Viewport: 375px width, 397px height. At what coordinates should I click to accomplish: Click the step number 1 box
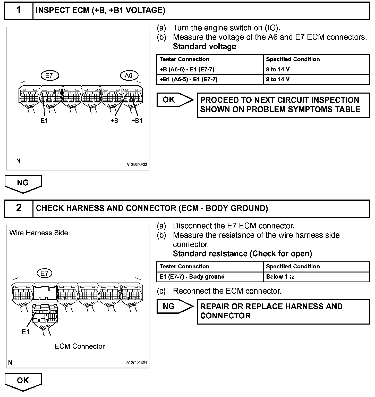click(19, 11)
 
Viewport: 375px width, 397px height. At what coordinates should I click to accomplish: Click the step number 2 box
click(19, 208)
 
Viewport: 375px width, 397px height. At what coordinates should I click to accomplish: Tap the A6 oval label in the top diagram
click(129, 75)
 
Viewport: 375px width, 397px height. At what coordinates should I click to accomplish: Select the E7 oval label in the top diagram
click(50, 75)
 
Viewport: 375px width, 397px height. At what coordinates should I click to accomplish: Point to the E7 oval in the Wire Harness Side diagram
click(44, 273)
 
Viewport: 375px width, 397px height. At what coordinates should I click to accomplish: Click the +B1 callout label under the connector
click(137, 121)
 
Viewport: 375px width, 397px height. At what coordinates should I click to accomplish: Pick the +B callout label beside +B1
click(114, 121)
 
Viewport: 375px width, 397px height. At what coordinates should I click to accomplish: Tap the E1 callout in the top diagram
click(44, 121)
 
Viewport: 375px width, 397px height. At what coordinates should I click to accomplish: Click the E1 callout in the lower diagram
click(25, 332)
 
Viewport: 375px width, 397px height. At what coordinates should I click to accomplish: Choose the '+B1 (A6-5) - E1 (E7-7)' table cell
click(189, 79)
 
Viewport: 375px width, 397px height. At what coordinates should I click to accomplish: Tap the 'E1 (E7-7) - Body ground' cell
click(192, 277)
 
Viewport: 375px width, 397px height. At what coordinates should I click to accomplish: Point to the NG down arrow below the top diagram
click(23, 183)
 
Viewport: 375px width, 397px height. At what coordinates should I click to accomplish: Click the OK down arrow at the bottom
click(23, 381)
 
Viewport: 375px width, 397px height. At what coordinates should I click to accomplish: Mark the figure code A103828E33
click(137, 164)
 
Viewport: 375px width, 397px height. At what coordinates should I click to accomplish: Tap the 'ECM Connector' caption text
click(80, 346)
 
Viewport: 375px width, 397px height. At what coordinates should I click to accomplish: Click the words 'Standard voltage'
click(204, 47)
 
